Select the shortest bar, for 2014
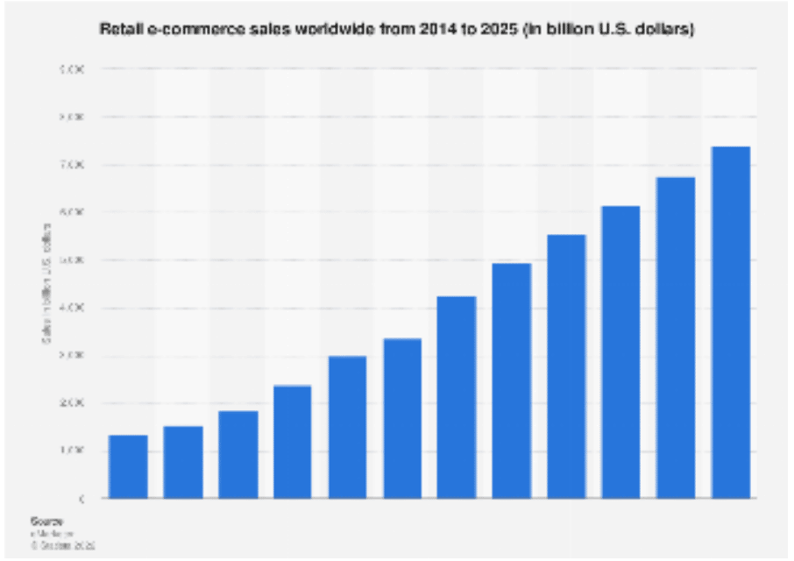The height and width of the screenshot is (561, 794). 128,466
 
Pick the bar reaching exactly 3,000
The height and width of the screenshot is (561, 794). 347,427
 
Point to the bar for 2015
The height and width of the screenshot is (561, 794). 182,462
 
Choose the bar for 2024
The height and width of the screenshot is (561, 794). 676,337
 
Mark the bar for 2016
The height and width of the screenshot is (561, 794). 237,454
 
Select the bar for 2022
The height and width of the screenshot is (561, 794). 566,366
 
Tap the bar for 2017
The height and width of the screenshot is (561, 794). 293,442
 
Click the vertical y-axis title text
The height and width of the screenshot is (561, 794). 46,282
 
